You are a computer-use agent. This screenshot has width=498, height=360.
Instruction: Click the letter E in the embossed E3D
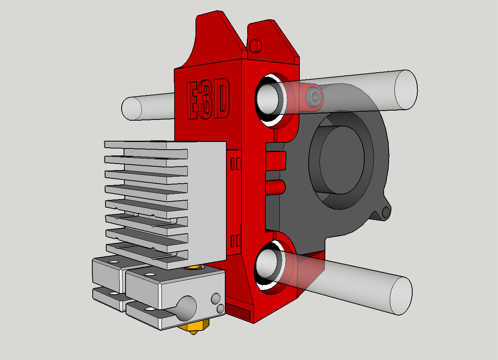tap(193, 101)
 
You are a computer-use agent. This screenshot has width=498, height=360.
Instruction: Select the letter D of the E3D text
tap(221, 98)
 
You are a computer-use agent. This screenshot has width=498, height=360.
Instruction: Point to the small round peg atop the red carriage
tap(255, 46)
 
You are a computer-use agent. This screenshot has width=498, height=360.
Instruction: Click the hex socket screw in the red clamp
tap(314, 97)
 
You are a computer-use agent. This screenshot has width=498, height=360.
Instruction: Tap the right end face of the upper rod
tap(406, 90)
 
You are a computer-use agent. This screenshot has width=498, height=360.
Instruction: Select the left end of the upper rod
tap(132, 108)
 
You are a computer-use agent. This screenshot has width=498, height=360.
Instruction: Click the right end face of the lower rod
tap(401, 296)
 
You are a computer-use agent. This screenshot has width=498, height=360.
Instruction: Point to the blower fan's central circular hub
tap(342, 160)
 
